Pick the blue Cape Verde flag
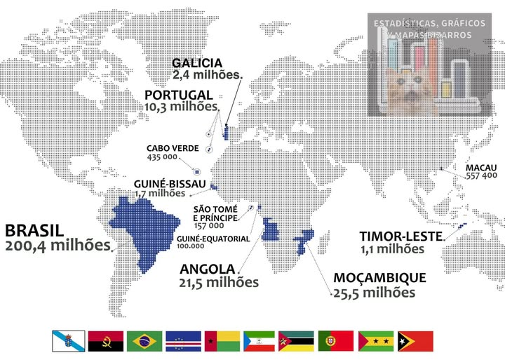pyautogui.click(x=183, y=341)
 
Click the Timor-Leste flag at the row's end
pyautogui.click(x=415, y=341)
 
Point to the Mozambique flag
pyautogui.click(x=296, y=341)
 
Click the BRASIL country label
pyautogui.click(x=34, y=231)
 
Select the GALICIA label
pyautogui.click(x=197, y=63)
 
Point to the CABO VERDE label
pyautogui.click(x=173, y=149)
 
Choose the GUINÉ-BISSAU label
pyautogui.click(x=170, y=184)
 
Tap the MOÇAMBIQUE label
pyautogui.click(x=379, y=278)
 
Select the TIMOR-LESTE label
pyautogui.click(x=400, y=236)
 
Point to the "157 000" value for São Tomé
pyautogui.click(x=209, y=226)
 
